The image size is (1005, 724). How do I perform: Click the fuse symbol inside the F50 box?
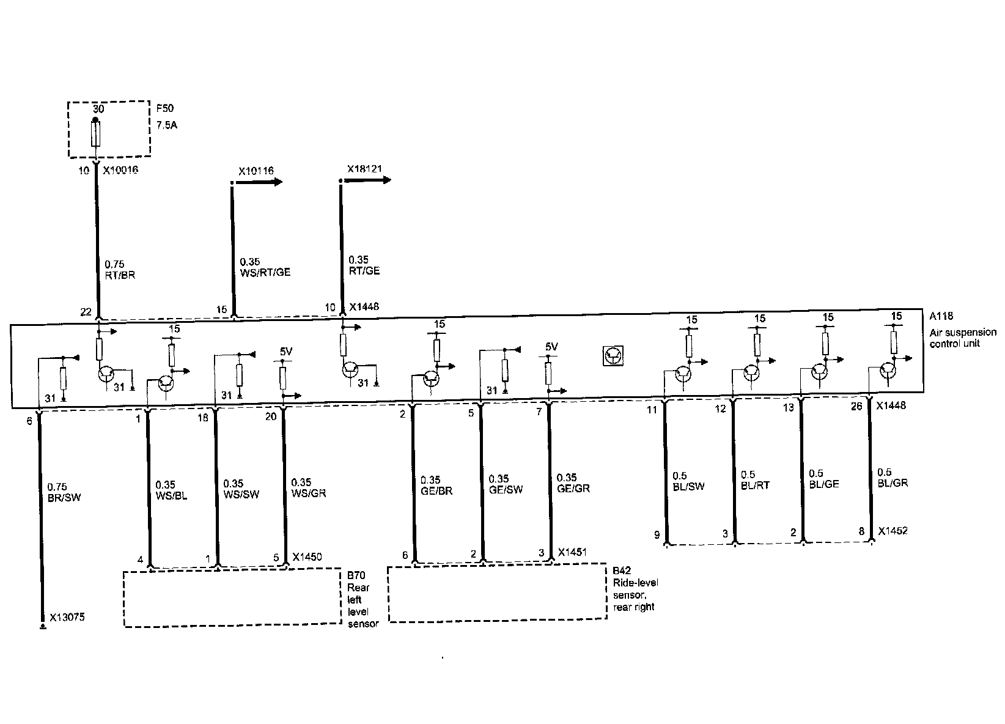click(96, 134)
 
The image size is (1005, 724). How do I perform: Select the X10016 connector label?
click(121, 170)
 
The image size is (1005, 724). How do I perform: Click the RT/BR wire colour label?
click(120, 275)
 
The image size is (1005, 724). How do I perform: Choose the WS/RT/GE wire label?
click(265, 272)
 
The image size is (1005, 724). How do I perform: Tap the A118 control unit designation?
click(941, 316)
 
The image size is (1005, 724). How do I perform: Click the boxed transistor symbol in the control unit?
click(613, 355)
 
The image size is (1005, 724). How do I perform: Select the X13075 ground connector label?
click(67, 617)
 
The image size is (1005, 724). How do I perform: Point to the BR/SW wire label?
click(64, 497)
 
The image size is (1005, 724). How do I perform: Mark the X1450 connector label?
click(307, 557)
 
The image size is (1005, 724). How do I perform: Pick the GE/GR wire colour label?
click(573, 489)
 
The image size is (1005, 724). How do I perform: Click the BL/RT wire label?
click(755, 485)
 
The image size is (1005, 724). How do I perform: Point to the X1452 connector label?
click(893, 531)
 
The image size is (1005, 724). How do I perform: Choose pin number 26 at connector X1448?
click(856, 406)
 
